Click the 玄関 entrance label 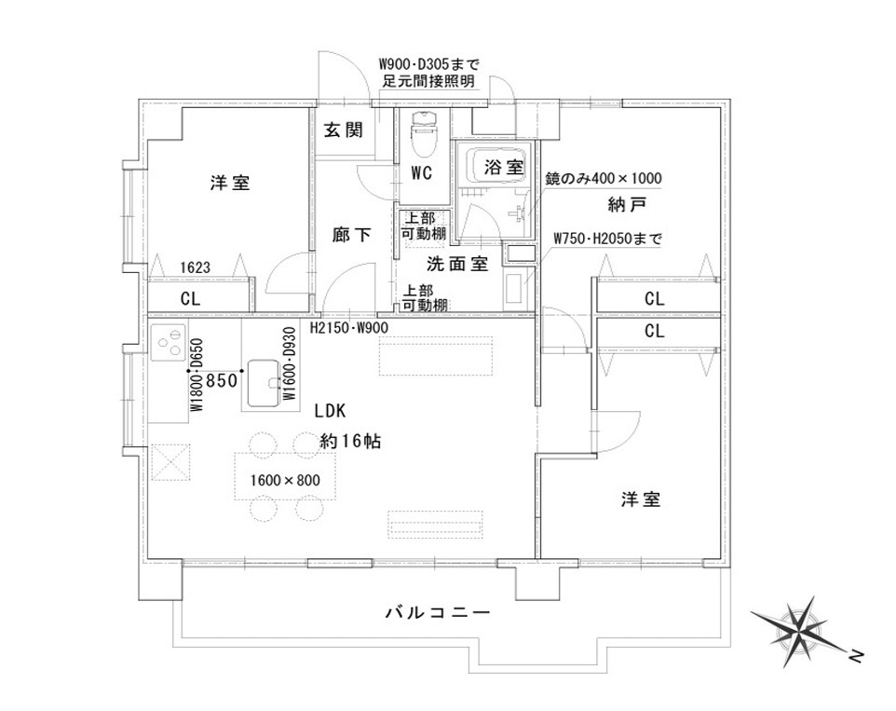tap(344, 130)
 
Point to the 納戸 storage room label tap(627, 204)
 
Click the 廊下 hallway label tap(351, 234)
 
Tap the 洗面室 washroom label tap(457, 264)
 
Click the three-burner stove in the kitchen tap(169, 343)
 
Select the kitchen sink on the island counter tap(265, 383)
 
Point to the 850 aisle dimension tap(221, 380)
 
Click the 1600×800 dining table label tap(285, 480)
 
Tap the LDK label tap(331, 411)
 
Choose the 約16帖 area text tap(350, 441)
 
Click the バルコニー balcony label tap(438, 613)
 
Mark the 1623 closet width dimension tap(196, 267)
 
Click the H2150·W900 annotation tap(349, 328)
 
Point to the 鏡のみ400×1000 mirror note tap(603, 178)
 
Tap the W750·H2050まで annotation tap(607, 239)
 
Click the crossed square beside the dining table tap(170, 463)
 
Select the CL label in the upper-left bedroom tap(191, 299)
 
